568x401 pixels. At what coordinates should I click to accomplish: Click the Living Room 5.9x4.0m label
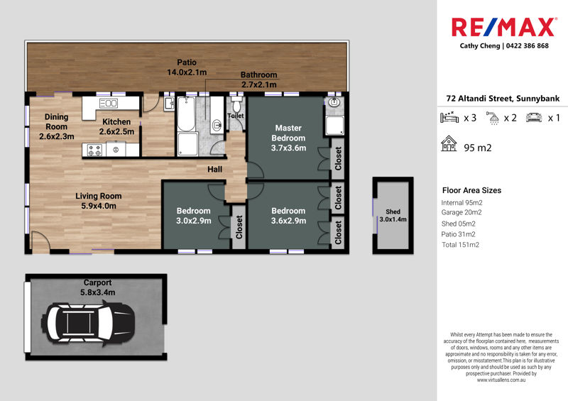(x=98, y=201)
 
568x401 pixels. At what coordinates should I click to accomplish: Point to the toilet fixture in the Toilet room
(x=236, y=104)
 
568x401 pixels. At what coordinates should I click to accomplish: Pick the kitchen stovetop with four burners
(x=94, y=150)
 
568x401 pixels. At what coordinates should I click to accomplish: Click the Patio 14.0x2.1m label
(x=187, y=67)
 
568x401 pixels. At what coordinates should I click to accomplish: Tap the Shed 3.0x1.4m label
(x=393, y=216)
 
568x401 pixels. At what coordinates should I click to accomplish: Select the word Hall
(x=215, y=169)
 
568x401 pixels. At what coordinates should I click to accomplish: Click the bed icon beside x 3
(x=449, y=117)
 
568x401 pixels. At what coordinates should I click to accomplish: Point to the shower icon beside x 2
(x=493, y=118)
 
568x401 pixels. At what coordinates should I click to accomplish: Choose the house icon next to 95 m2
(x=449, y=143)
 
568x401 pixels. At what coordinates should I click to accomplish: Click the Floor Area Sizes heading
(x=471, y=190)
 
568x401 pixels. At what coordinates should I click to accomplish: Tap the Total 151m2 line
(x=460, y=245)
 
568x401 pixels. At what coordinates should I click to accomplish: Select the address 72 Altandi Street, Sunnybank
(x=503, y=99)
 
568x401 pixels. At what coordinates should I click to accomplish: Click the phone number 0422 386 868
(x=527, y=46)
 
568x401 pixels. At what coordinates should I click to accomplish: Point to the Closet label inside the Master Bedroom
(x=338, y=159)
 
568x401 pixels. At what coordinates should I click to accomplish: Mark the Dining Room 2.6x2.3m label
(x=57, y=127)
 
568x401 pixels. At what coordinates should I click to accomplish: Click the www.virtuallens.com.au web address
(x=501, y=380)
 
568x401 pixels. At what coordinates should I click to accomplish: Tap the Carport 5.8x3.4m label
(x=97, y=287)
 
